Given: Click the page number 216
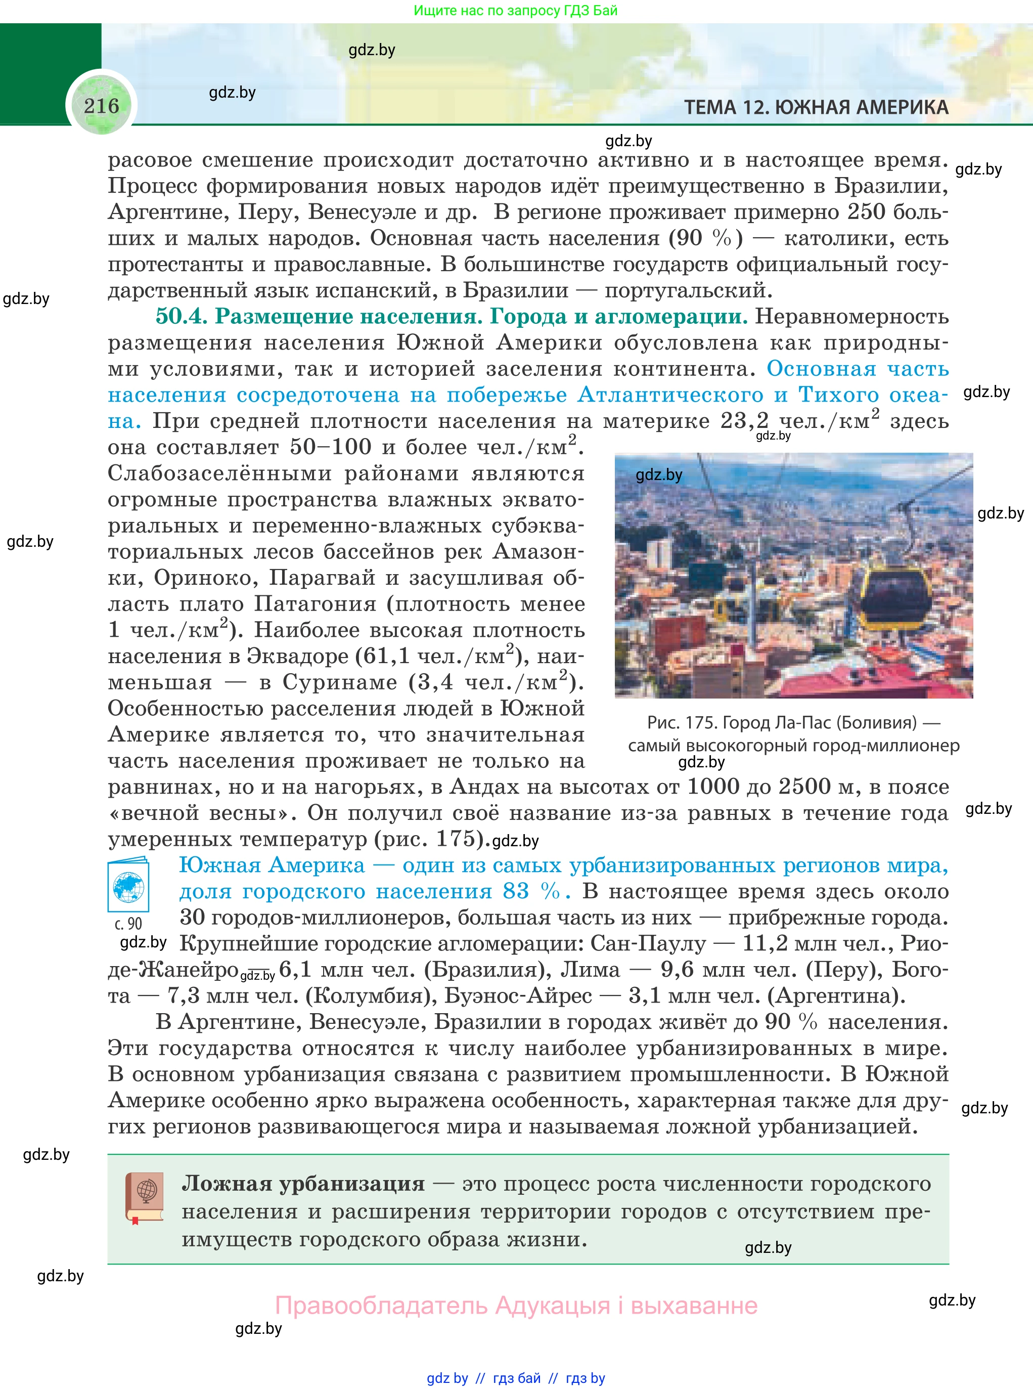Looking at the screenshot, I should pos(101,106).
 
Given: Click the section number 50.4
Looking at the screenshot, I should pos(181,317).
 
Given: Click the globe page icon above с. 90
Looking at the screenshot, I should pos(128,886).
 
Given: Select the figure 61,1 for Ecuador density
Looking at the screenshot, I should pos(386,656).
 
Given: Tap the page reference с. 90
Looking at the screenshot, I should pos(128,924).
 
